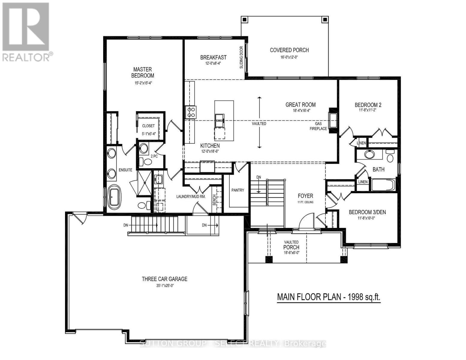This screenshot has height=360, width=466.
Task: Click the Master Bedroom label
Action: (x=142, y=72)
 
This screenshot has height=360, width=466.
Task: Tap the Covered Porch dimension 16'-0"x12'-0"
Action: (x=289, y=57)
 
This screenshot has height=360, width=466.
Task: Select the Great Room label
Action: (x=300, y=105)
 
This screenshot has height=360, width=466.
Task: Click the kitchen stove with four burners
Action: (x=191, y=112)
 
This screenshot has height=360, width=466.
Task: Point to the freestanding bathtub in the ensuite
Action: (x=114, y=197)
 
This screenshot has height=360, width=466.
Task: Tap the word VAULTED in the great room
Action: (x=259, y=124)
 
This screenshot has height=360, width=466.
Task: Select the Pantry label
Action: (x=238, y=190)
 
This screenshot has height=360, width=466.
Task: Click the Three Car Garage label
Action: (x=164, y=279)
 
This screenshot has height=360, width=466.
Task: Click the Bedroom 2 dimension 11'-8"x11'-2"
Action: (x=368, y=110)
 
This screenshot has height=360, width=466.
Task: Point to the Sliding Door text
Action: (x=241, y=57)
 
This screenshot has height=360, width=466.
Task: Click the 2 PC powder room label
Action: (x=154, y=156)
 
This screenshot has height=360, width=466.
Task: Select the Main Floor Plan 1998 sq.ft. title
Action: (x=329, y=297)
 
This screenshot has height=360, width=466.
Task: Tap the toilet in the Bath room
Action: (x=390, y=157)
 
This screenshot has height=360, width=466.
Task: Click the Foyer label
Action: (x=305, y=196)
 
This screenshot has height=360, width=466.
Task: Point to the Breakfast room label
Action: (x=213, y=57)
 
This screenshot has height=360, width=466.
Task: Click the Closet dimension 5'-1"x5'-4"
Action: (x=148, y=134)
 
